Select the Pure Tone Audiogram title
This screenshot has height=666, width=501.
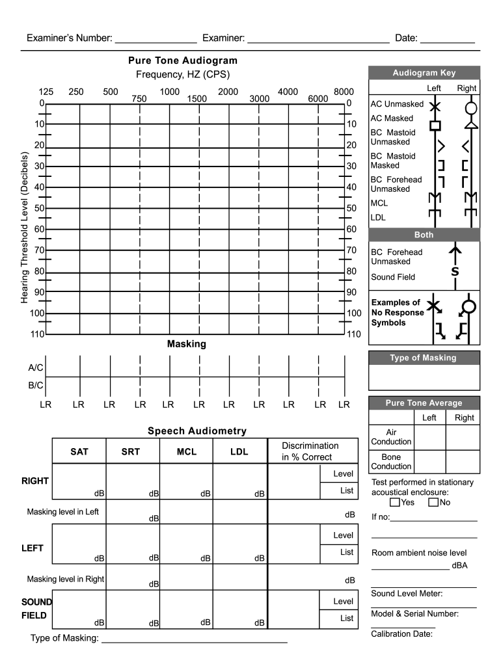click(183, 60)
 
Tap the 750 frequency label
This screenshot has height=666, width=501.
click(139, 99)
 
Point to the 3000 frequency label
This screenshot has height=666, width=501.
click(259, 99)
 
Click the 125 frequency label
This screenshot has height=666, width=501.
click(46, 92)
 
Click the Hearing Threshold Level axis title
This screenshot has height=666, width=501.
click(25, 227)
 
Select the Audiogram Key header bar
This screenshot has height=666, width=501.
click(424, 73)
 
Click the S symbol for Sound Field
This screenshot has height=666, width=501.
click(455, 271)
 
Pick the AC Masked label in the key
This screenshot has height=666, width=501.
click(392, 118)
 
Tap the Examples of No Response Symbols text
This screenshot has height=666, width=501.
click(398, 313)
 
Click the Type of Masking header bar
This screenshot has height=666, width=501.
click(424, 358)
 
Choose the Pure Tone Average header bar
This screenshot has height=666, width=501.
click(424, 403)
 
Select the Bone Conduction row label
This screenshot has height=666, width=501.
click(391, 462)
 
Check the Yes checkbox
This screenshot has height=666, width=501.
click(394, 502)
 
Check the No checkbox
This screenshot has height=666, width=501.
click(433, 502)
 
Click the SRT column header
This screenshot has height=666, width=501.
click(131, 451)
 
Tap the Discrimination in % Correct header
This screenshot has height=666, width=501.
click(310, 451)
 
